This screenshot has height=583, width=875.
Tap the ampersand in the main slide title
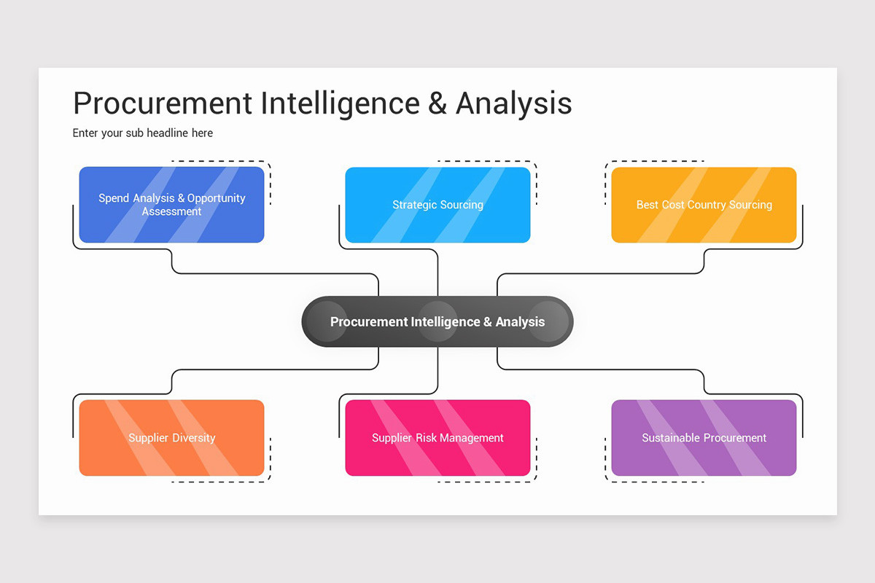coord(437,104)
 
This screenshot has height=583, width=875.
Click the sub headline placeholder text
coord(143,133)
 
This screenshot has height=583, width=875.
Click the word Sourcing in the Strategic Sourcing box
coord(461,205)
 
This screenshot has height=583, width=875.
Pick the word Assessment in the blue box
coord(171,211)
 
